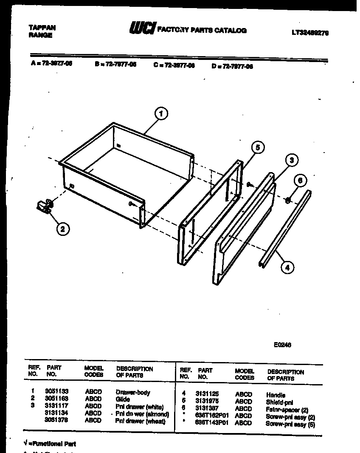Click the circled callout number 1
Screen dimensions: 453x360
pos(160,113)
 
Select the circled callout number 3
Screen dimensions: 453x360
pos(291,160)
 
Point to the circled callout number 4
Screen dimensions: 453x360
pos(287,267)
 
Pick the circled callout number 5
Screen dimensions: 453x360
pos(257,147)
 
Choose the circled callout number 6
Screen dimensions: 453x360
pos(300,180)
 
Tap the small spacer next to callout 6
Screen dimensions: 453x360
pos(288,199)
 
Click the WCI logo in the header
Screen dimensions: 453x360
pos(143,28)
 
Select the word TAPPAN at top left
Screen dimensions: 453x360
pos(42,27)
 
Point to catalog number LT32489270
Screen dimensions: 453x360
pos(310,32)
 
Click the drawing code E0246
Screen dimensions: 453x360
pos(282,345)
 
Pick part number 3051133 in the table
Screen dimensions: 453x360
pos(57,392)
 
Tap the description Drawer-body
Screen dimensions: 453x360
pos(133,392)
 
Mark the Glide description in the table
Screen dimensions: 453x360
pos(123,399)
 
